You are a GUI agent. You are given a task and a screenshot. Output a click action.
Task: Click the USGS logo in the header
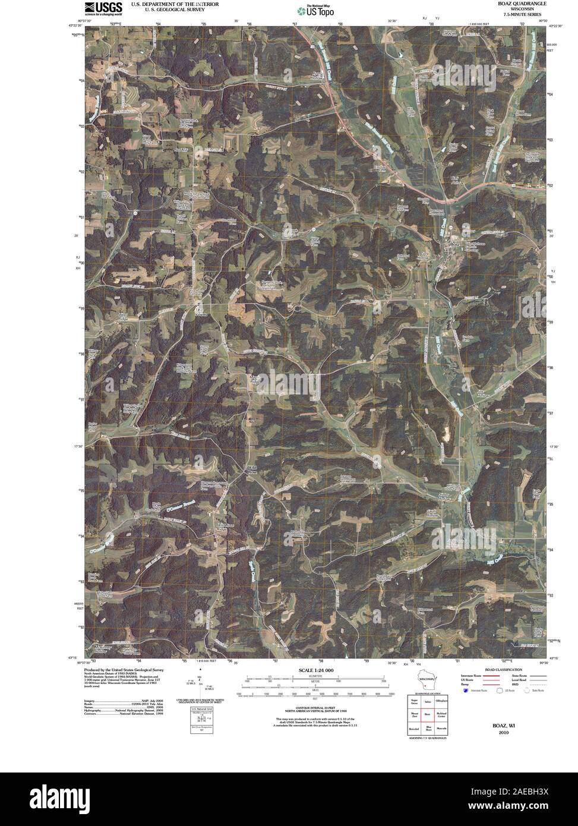tap(103, 8)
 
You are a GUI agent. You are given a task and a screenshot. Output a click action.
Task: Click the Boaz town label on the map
tap(456, 244)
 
